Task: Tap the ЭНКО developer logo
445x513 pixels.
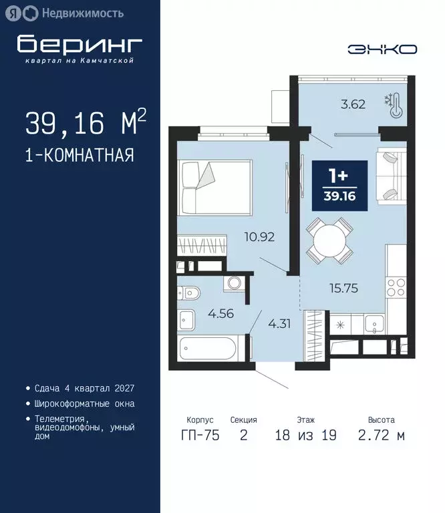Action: point(382,49)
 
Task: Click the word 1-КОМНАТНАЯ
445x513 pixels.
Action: point(80,156)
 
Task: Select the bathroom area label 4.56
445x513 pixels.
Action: point(220,313)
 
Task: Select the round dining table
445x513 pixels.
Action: point(329,240)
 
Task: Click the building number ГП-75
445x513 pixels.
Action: point(200,436)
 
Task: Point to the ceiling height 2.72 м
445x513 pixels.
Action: point(381,436)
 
